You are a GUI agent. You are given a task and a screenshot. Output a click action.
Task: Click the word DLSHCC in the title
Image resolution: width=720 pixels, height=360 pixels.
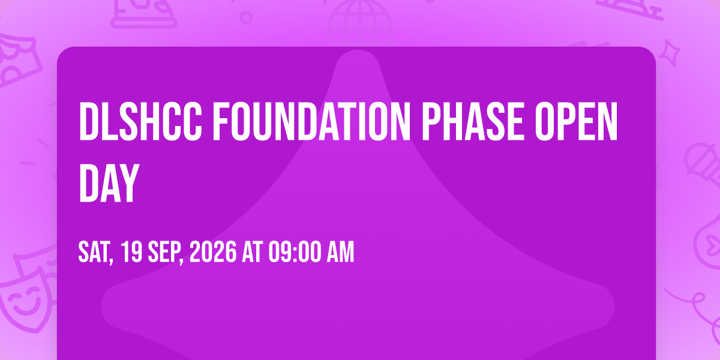pos(140,121)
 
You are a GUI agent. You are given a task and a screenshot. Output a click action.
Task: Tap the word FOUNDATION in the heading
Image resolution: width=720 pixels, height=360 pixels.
pos(312,121)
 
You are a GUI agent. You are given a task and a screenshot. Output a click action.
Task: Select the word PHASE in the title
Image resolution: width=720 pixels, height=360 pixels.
pos(473,121)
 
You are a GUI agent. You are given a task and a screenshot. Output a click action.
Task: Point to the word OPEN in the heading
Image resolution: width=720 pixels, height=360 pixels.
pos(577,121)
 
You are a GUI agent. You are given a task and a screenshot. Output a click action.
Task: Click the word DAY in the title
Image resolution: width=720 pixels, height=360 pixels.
pos(109,183)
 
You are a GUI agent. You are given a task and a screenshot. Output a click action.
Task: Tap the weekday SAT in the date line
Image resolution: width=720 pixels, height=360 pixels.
pos(95,253)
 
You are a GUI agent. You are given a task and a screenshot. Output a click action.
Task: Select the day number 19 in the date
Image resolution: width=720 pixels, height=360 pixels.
pos(132,252)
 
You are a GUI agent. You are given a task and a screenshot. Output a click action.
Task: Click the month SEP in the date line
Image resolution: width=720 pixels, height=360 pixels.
pos(165,253)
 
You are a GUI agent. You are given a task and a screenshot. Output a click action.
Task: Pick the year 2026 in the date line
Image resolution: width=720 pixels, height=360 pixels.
pos(213,252)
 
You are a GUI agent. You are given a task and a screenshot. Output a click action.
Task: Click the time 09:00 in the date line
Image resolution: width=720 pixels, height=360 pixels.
pos(295,252)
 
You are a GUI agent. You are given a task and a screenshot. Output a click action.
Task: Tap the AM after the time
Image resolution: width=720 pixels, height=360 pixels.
pos(340,252)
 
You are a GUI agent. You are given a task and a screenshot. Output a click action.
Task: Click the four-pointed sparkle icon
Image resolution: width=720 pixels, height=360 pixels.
pos(670,53)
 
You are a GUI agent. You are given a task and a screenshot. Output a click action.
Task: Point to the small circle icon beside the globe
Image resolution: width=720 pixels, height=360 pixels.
pos(246,17)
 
